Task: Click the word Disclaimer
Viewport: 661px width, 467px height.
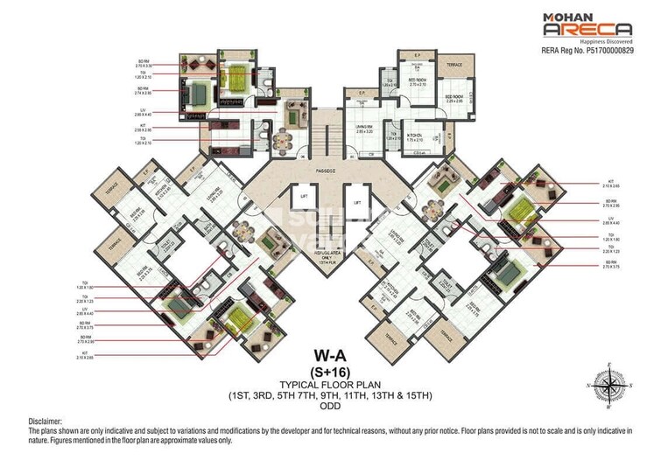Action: click(45, 421)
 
